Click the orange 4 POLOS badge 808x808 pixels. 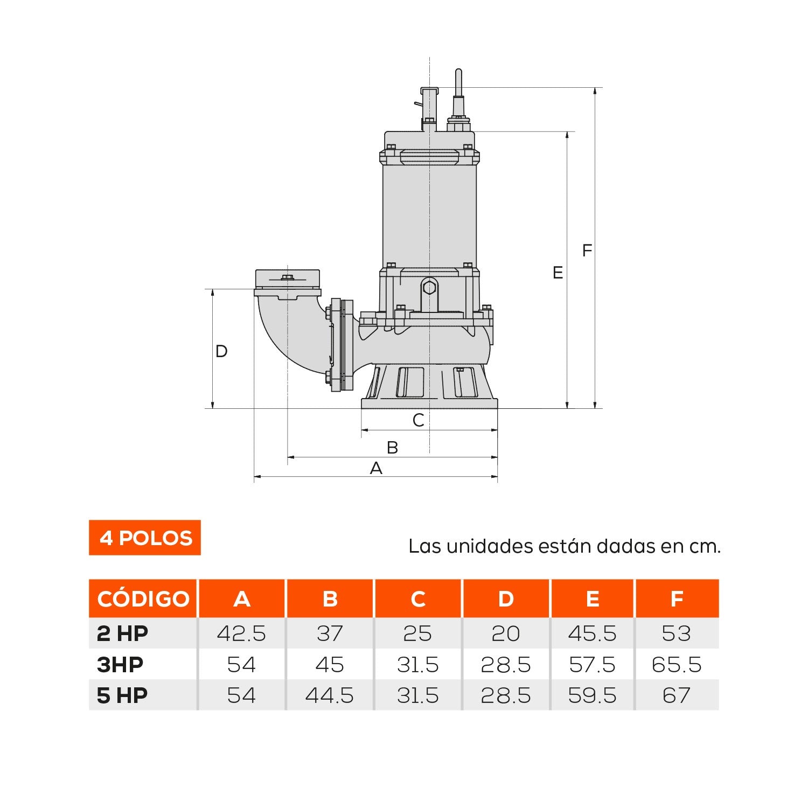[x=145, y=538]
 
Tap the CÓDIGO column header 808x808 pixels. [x=143, y=598]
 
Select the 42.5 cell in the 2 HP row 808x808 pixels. [x=241, y=633]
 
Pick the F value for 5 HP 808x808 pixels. [x=676, y=695]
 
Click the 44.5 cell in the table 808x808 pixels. [x=329, y=695]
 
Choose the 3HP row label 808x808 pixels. [x=120, y=665]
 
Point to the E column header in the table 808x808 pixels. [x=592, y=598]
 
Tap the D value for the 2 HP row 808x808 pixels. [x=505, y=633]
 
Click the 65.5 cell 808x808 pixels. [x=676, y=665]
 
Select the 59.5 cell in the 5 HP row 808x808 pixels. [x=592, y=695]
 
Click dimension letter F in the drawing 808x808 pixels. [x=587, y=250]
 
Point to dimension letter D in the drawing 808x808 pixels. [x=221, y=351]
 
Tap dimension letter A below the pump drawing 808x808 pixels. [x=376, y=468]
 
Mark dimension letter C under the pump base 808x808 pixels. [x=418, y=420]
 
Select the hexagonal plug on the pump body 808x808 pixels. [x=429, y=288]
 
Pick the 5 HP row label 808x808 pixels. [x=122, y=695]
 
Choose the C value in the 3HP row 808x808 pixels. [x=417, y=665]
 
